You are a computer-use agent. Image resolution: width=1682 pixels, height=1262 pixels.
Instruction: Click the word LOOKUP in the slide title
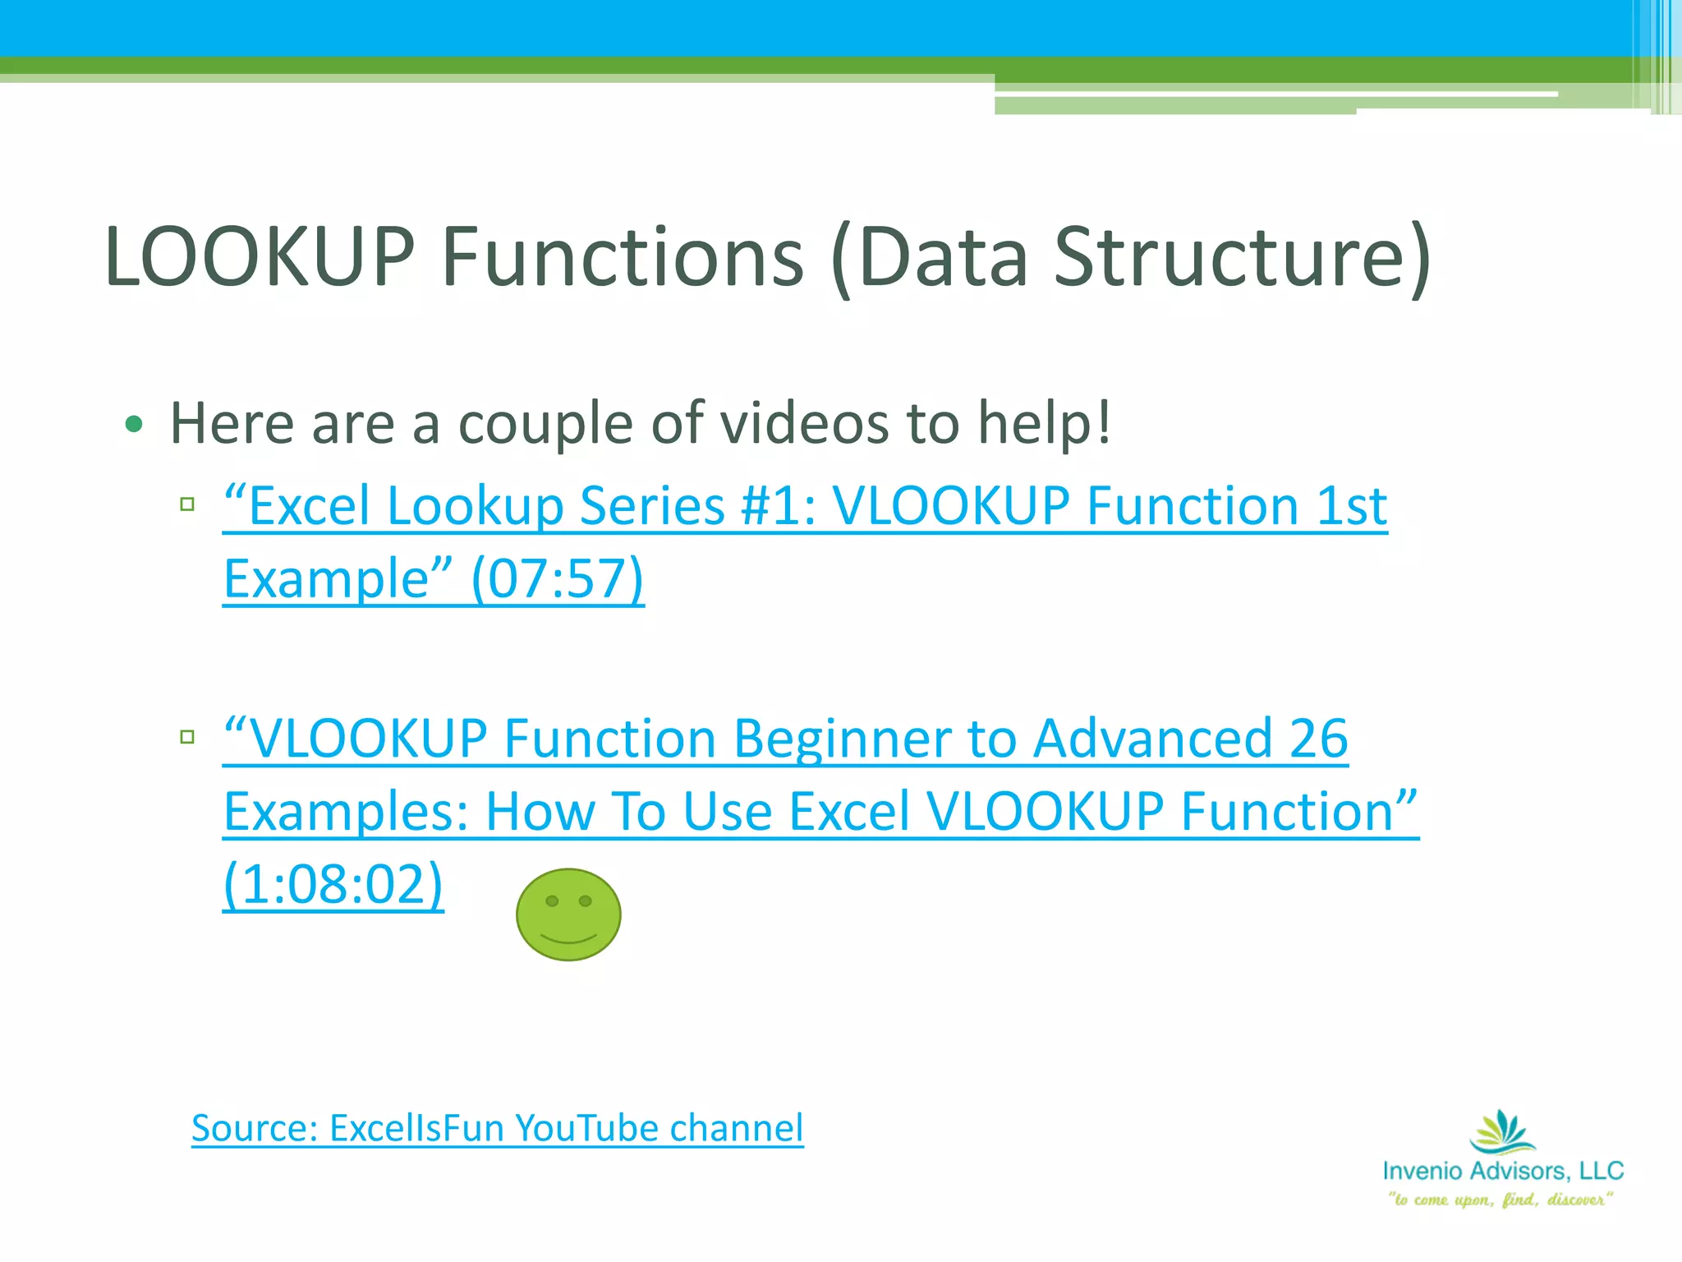(260, 257)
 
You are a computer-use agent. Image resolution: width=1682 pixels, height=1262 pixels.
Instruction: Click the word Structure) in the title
(1243, 257)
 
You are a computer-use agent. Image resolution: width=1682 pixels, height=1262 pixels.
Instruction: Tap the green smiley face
(568, 914)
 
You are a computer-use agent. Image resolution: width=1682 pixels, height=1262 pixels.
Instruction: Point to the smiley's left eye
(553, 901)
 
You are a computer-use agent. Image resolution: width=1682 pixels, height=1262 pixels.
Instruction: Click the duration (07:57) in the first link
(558, 578)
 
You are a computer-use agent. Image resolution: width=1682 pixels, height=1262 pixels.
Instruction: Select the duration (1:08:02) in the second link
(333, 884)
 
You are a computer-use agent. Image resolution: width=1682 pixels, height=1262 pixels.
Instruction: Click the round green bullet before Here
(134, 425)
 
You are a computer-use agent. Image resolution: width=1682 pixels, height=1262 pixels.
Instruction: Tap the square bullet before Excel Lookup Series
(187, 504)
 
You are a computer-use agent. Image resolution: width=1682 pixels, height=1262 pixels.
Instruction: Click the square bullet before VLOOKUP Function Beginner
(187, 736)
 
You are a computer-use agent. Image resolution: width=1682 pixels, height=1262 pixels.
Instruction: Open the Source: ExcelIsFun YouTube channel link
(497, 1127)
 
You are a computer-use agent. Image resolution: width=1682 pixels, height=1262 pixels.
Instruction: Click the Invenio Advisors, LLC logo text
(1503, 1170)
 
